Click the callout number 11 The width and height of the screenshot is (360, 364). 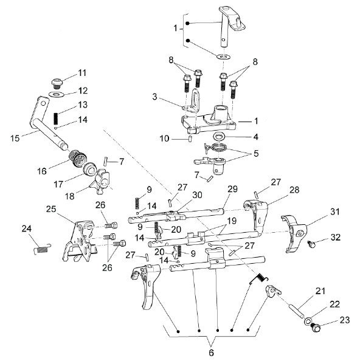(82, 73)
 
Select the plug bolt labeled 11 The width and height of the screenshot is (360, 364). (57, 83)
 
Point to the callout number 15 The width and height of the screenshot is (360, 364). (15, 139)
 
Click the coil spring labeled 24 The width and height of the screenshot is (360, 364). (43, 249)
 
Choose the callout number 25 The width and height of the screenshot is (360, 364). (51, 209)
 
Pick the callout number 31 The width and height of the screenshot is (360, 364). (335, 211)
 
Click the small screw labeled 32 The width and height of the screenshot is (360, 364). (311, 244)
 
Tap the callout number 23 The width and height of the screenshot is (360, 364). (345, 320)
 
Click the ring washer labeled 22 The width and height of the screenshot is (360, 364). (308, 321)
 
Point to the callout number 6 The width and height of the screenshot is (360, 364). (211, 353)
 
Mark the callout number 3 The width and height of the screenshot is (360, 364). (154, 97)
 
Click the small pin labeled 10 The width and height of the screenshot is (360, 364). (190, 139)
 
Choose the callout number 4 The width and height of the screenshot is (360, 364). (255, 137)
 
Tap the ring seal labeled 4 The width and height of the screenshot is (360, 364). (219, 136)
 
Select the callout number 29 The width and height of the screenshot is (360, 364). (232, 189)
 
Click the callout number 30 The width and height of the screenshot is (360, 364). (197, 195)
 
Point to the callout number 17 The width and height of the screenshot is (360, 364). (58, 184)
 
